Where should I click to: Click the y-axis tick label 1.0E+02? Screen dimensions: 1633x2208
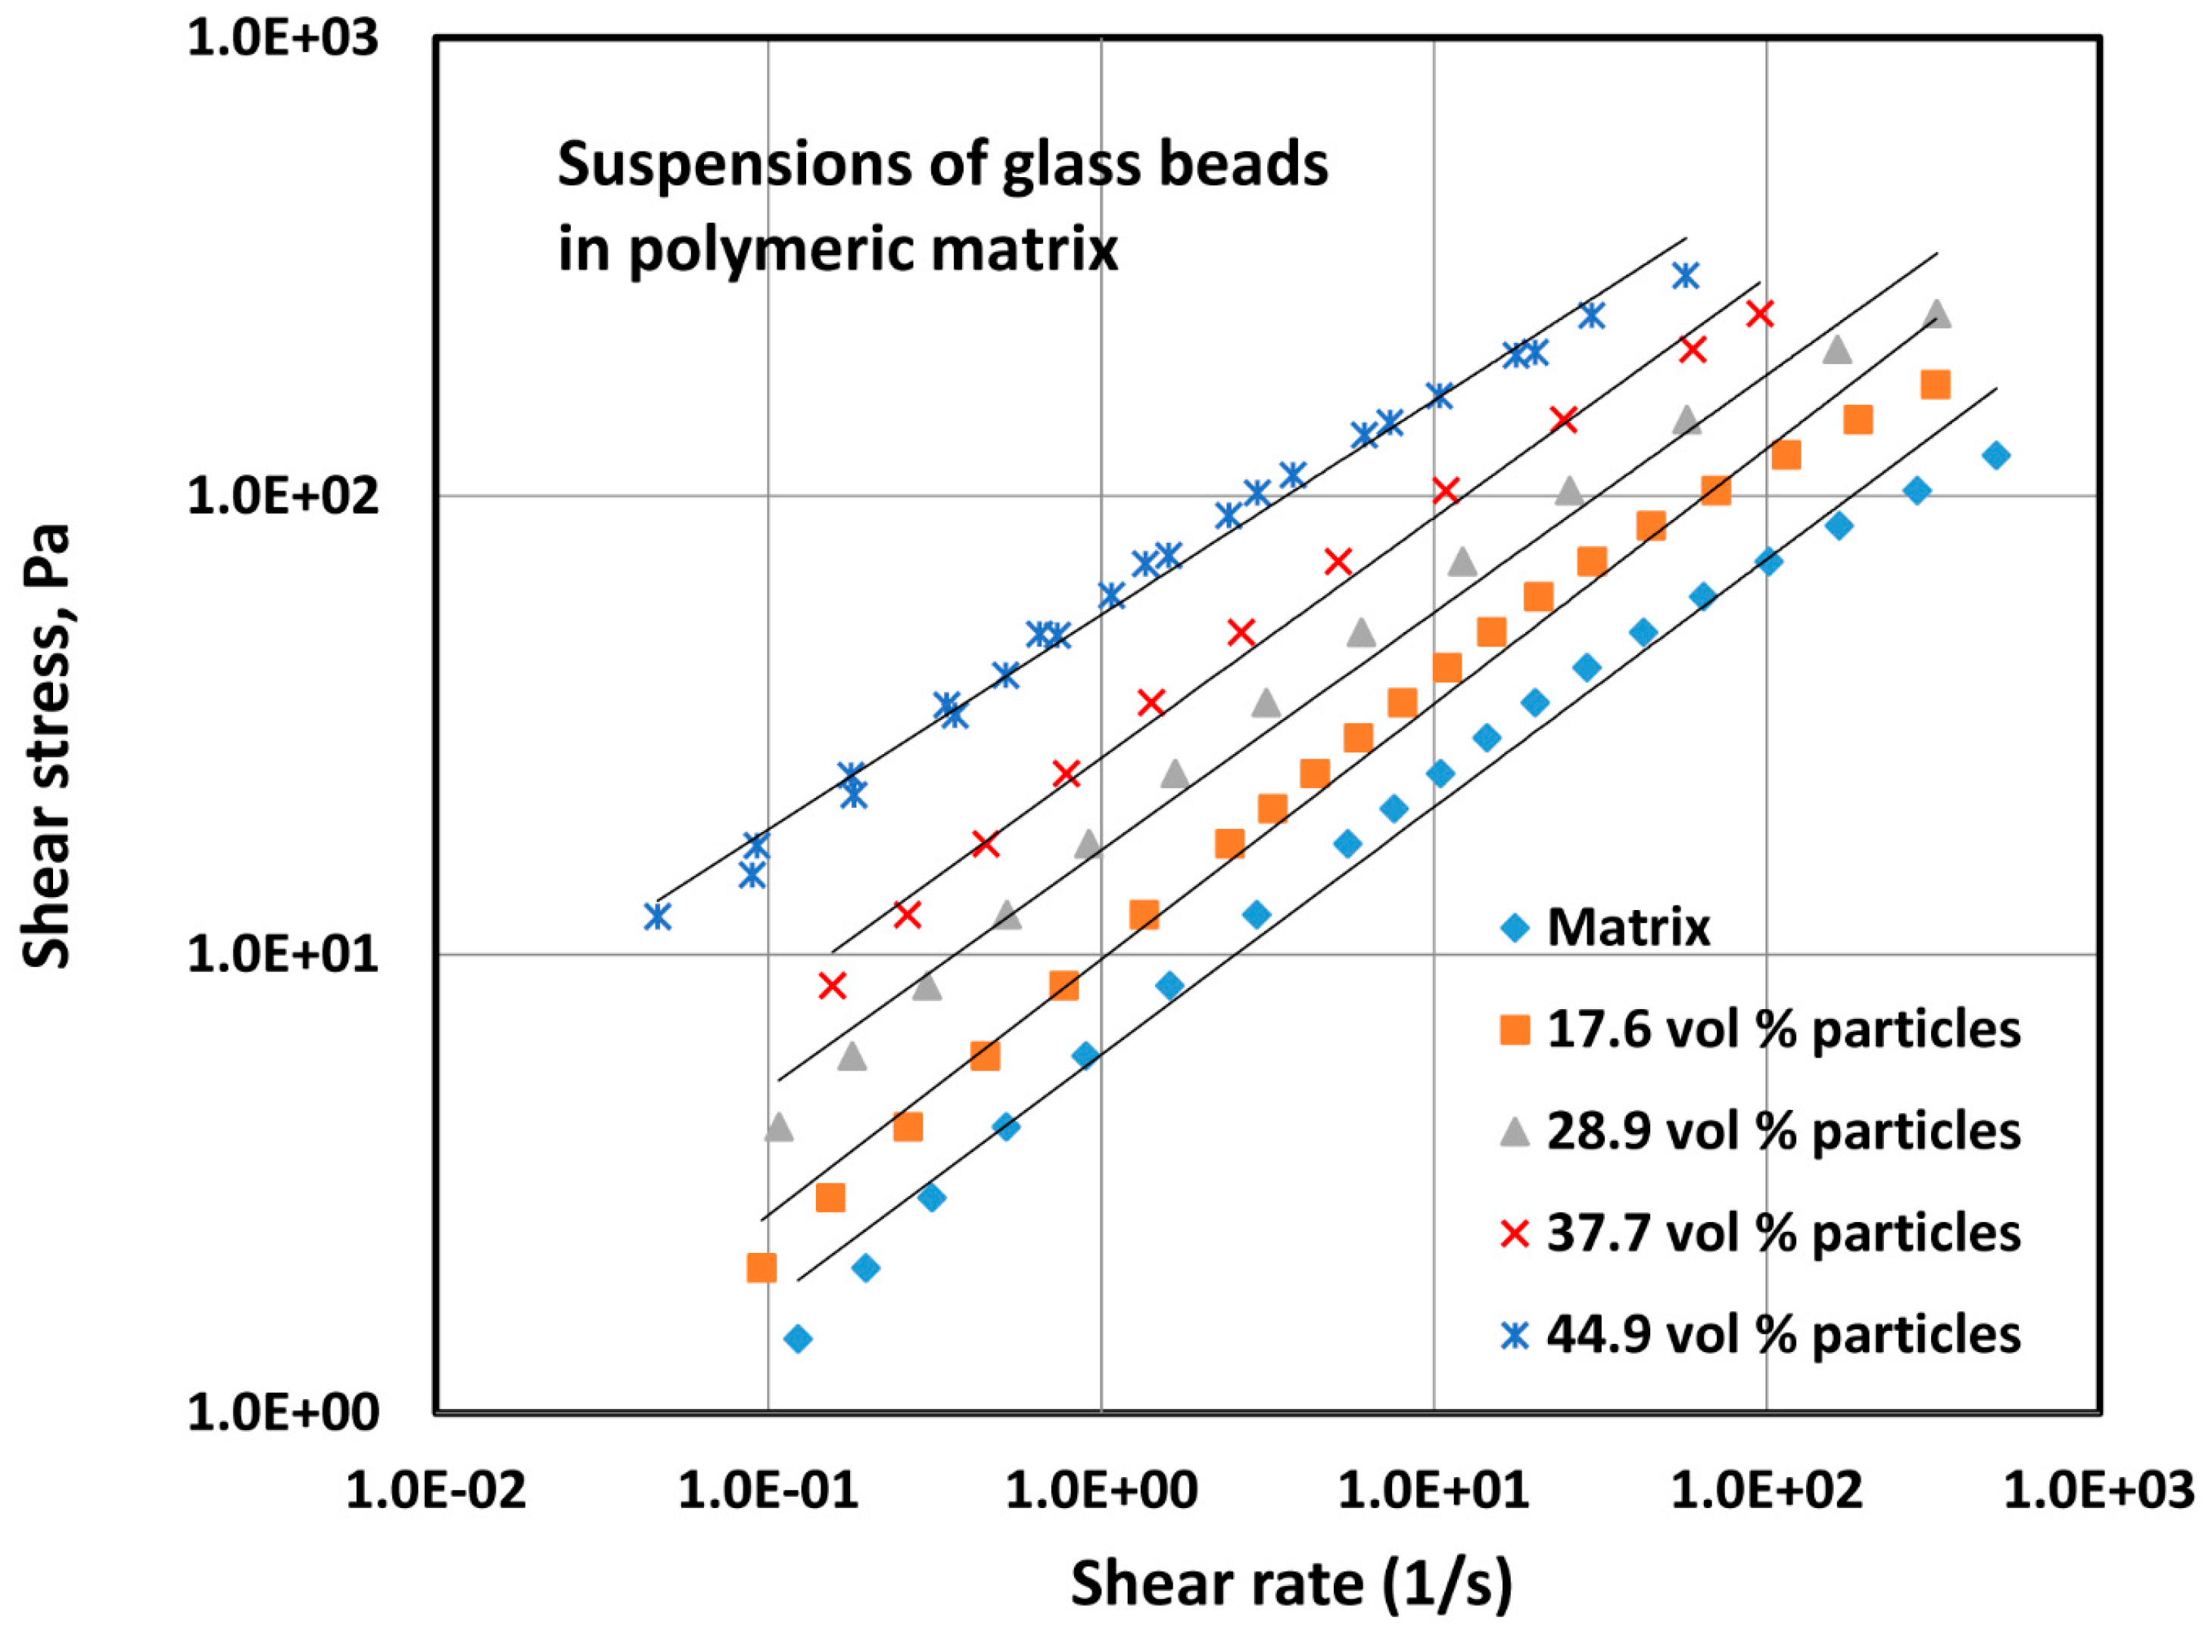[x=282, y=495]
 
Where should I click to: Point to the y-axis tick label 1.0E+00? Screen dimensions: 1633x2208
[x=282, y=1413]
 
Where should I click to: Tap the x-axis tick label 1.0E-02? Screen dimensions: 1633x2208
[x=436, y=1490]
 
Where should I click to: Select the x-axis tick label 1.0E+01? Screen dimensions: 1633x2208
[x=1432, y=1490]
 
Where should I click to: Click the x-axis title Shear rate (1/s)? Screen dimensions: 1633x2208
[x=1291, y=1584]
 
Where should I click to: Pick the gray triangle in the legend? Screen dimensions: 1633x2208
[x=1514, y=1132]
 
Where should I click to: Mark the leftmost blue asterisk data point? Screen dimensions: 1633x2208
[x=657, y=916]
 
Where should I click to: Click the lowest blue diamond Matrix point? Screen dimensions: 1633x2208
[x=798, y=1339]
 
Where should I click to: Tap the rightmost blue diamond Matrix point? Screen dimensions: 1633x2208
[x=1995, y=456]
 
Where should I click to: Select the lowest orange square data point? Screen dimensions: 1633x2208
[x=761, y=1267]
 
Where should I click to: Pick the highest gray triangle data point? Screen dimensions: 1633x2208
[x=1937, y=314]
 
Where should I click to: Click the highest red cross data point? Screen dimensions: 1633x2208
[x=1759, y=314]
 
